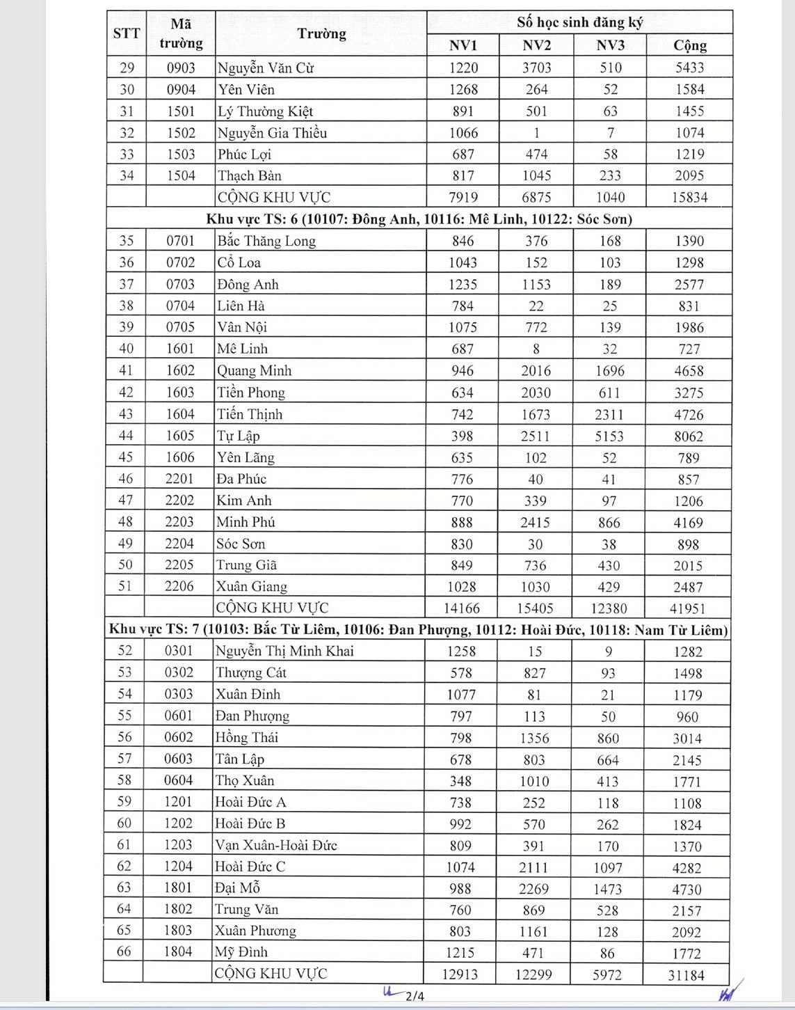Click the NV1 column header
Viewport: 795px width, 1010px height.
[x=463, y=45]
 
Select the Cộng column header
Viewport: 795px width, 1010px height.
[x=689, y=45]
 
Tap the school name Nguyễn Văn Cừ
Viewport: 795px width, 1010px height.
[x=266, y=68]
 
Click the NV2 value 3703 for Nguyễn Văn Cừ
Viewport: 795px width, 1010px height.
[x=536, y=68]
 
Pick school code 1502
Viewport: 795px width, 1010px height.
[x=181, y=133]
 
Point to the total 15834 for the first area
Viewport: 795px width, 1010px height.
[x=689, y=198]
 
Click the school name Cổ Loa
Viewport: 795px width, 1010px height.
[x=239, y=262]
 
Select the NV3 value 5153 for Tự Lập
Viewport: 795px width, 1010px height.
[x=609, y=436]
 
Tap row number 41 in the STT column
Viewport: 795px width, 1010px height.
[x=126, y=370]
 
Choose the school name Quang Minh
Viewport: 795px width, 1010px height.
[x=254, y=371]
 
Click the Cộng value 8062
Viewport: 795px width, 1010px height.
[x=689, y=436]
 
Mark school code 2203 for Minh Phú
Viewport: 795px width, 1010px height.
[x=179, y=522]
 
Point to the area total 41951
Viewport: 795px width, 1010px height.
[x=687, y=608]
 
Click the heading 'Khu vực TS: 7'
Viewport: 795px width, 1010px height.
[x=154, y=630]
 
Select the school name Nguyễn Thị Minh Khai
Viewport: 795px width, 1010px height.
[x=284, y=652]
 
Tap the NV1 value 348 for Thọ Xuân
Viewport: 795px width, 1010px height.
[x=460, y=781]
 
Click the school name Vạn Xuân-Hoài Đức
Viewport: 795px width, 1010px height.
[x=276, y=846]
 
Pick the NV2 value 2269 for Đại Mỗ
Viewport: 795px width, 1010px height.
[x=534, y=889]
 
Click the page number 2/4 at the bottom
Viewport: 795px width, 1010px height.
[x=415, y=996]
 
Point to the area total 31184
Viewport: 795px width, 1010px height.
[x=686, y=975]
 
